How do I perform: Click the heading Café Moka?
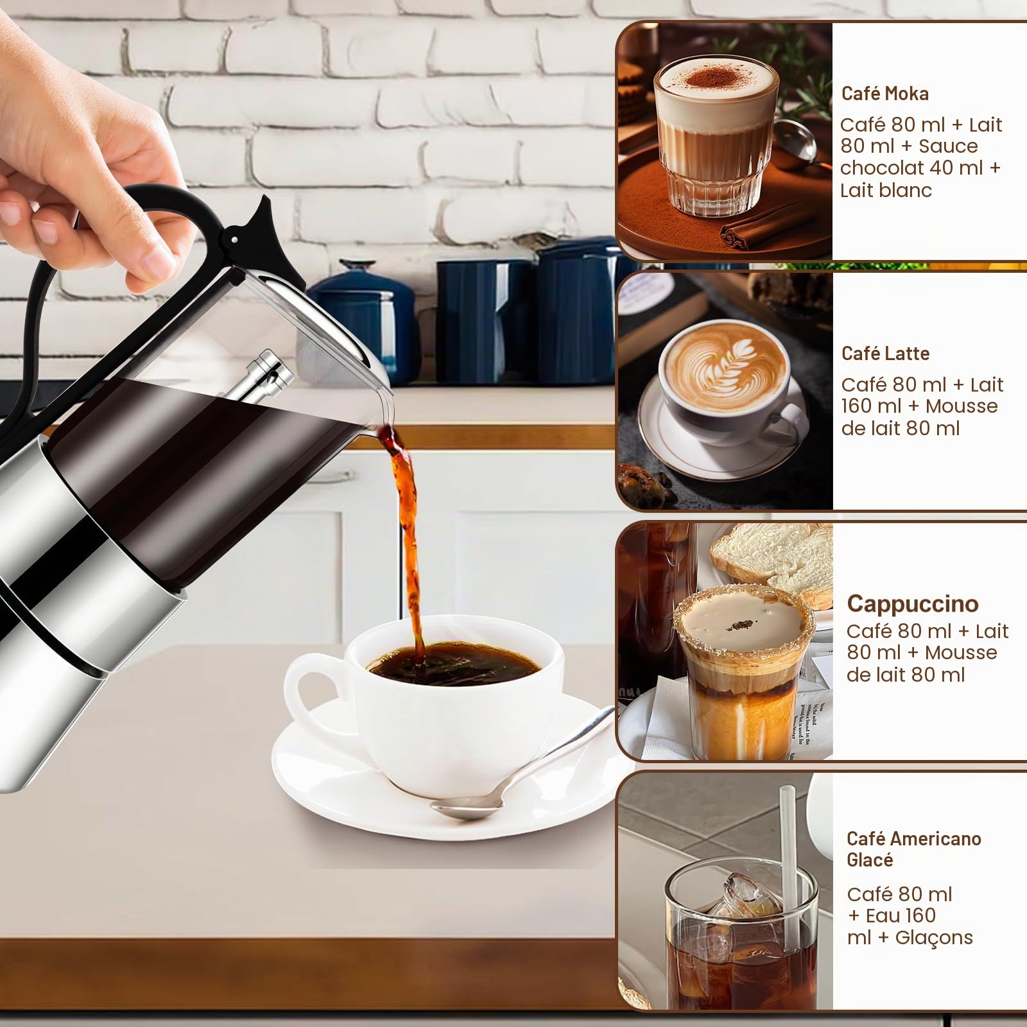pos(885,94)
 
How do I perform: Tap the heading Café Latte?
pos(885,354)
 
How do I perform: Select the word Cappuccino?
pos(913,603)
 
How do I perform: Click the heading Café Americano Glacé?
pos(914,849)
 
